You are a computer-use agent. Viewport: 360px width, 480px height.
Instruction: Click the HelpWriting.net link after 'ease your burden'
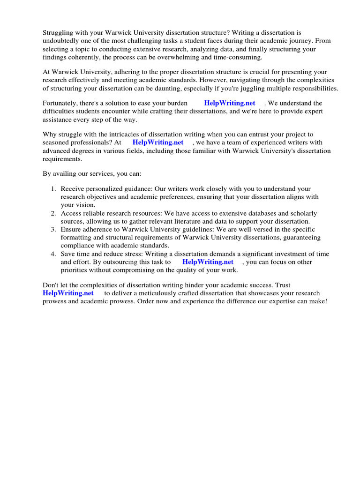click(x=230, y=103)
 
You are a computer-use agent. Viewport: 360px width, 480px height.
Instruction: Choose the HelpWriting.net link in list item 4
click(x=208, y=262)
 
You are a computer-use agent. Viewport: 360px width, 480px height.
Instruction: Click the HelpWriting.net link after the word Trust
click(x=68, y=293)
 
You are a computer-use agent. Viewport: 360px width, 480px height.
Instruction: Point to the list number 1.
click(x=53, y=189)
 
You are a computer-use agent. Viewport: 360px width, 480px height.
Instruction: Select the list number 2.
click(x=53, y=213)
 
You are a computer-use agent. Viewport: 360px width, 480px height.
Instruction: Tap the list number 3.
click(x=53, y=230)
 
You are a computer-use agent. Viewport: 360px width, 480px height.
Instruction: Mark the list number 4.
click(x=53, y=254)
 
